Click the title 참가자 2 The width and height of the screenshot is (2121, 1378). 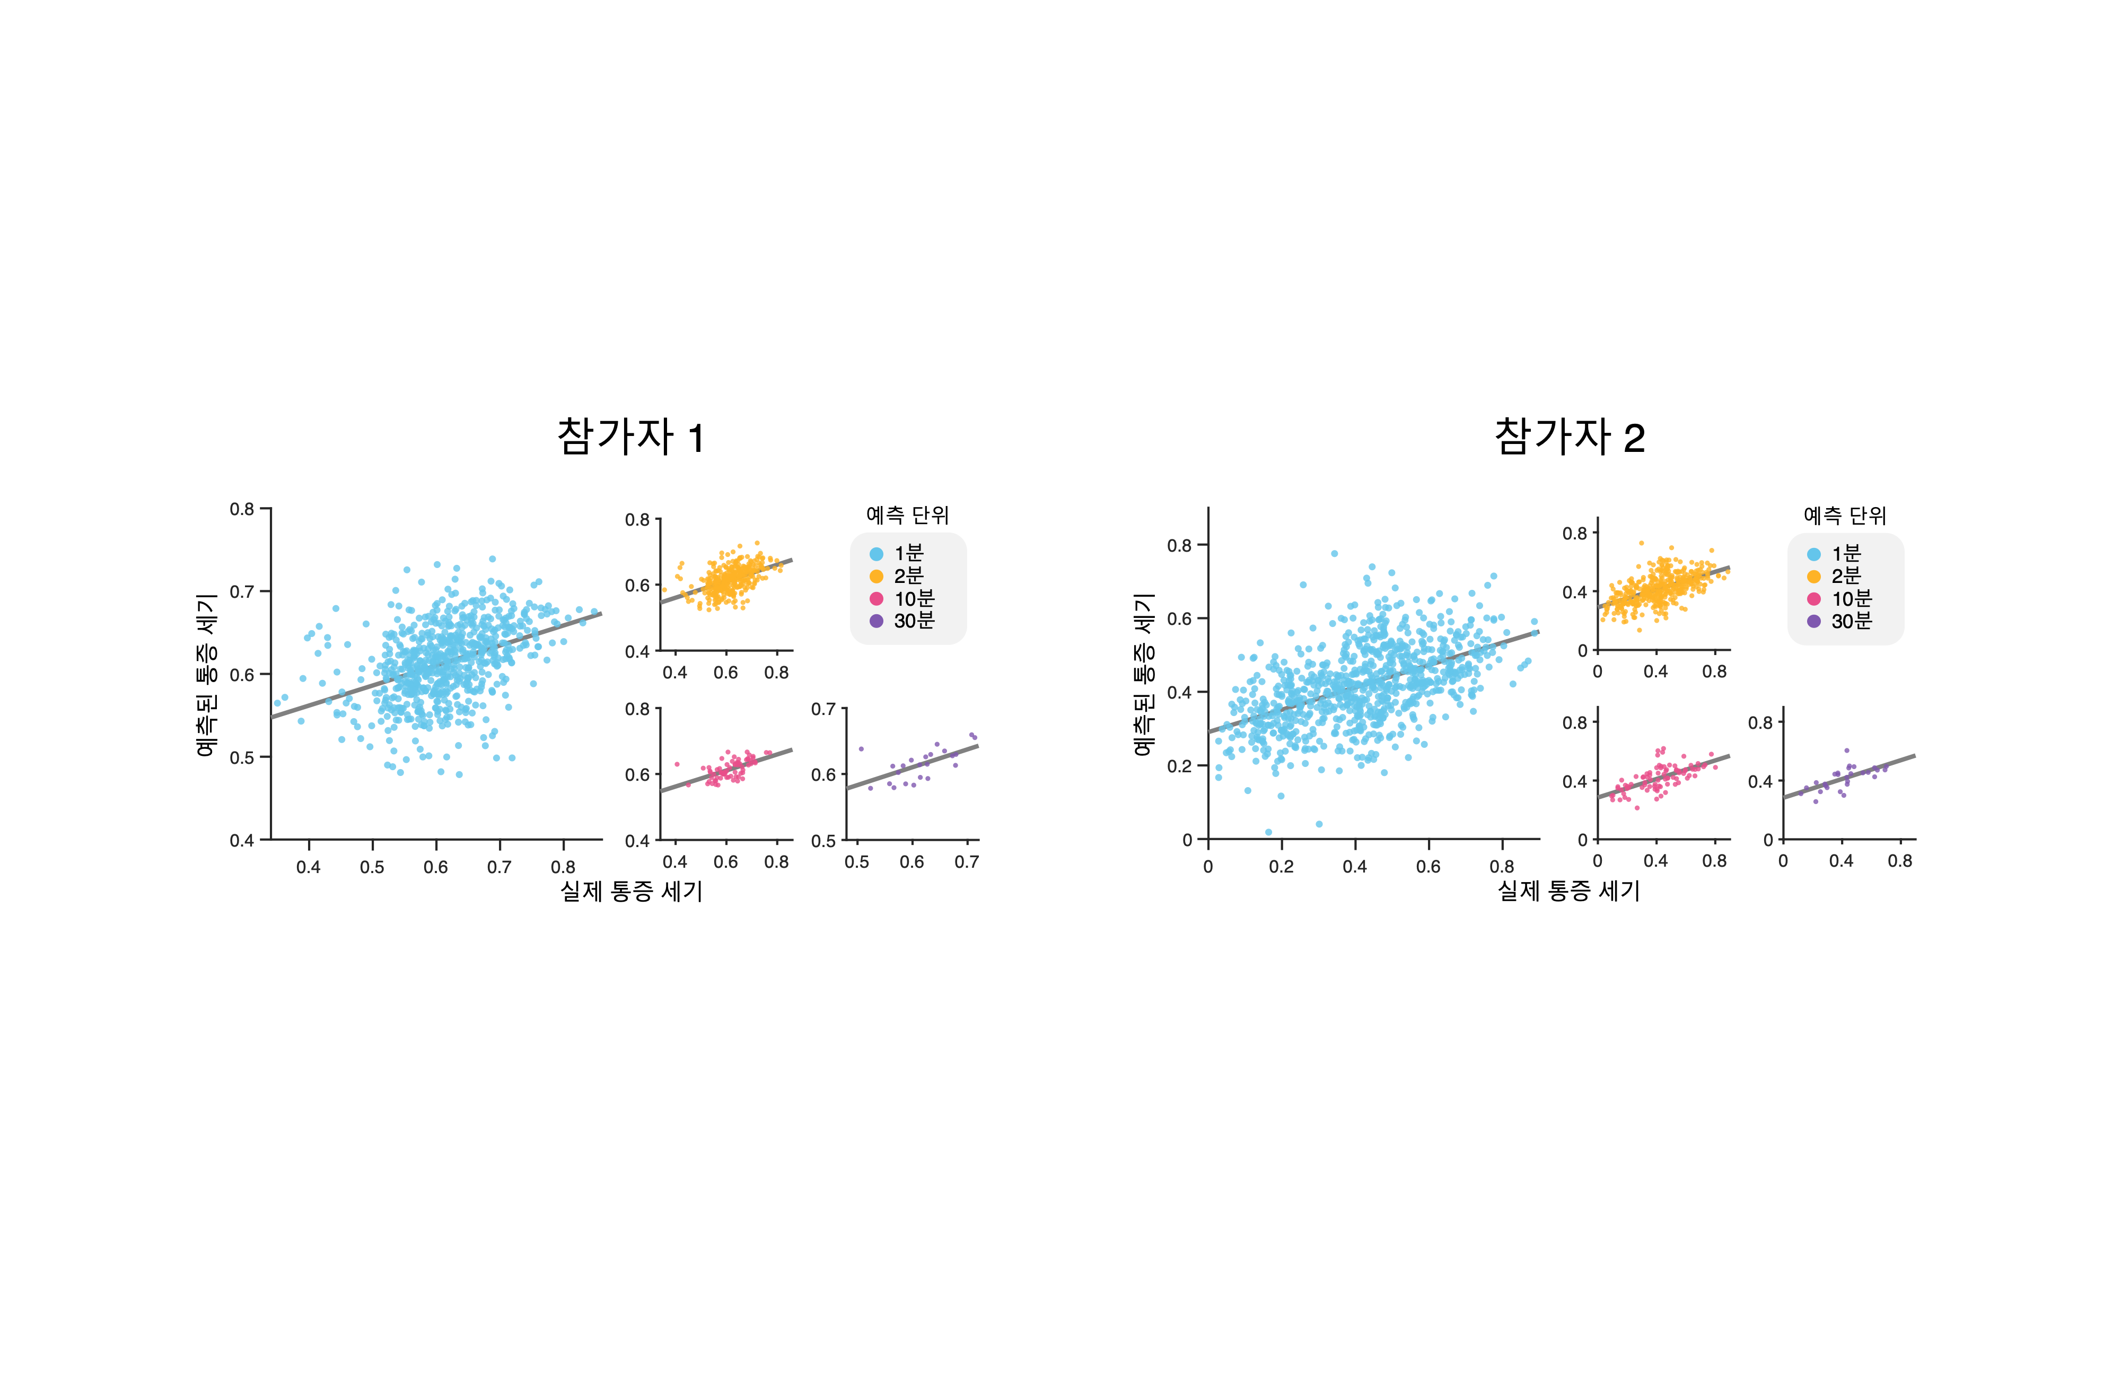click(x=1568, y=437)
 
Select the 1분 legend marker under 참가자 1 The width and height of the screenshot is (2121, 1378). click(x=876, y=554)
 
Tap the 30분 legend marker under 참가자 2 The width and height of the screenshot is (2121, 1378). click(x=1813, y=621)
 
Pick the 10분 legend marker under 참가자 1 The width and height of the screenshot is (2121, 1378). click(x=876, y=599)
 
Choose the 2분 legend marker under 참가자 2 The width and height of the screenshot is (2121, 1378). click(x=1813, y=576)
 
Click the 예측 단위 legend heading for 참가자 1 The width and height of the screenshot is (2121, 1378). click(x=907, y=515)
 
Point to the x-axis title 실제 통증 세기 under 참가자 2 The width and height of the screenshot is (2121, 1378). click(x=1568, y=891)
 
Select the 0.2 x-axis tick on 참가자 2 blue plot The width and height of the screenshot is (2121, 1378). click(x=1282, y=866)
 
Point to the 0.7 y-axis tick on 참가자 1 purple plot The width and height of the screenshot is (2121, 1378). click(x=823, y=710)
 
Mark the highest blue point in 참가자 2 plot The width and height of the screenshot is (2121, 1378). click(x=1334, y=554)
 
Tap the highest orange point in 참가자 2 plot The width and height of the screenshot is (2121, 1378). click(x=1641, y=543)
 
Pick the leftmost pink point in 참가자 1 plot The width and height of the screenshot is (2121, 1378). click(x=677, y=764)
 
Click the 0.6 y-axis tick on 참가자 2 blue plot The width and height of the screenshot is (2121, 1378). click(x=1179, y=618)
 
